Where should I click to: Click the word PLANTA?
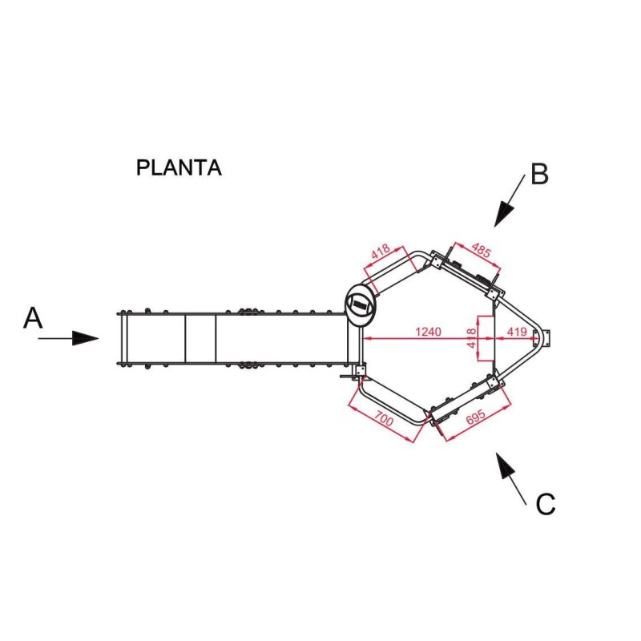[x=179, y=167]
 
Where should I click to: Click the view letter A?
[x=33, y=318]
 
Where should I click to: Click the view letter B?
[x=539, y=174]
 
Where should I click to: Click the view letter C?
[x=546, y=504]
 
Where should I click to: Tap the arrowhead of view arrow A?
[x=86, y=338]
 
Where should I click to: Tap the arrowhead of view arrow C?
[x=505, y=465]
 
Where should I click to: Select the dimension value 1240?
[x=428, y=332]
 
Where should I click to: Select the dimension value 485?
[x=481, y=250]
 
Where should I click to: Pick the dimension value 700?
[x=384, y=419]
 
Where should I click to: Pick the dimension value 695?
[x=476, y=417]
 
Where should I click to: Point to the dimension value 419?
[x=517, y=332]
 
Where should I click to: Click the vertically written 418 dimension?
[x=472, y=338]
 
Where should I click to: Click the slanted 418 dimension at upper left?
[x=381, y=252]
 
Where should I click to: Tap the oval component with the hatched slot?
[x=360, y=304]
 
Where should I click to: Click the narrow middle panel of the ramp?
[x=200, y=338]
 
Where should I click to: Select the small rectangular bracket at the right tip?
[x=547, y=338]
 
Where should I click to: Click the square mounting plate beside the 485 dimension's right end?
[x=494, y=293]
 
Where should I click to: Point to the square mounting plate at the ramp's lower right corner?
[x=360, y=371]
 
